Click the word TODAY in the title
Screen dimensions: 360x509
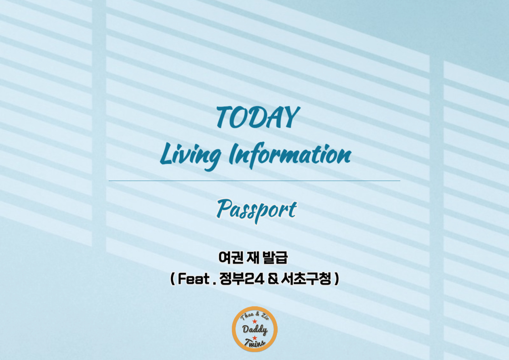(x=257, y=117)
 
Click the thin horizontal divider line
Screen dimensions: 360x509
(x=254, y=181)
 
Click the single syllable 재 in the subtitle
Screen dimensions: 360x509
(x=254, y=257)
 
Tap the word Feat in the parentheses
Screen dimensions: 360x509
(x=192, y=279)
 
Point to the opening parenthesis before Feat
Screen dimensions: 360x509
(x=172, y=279)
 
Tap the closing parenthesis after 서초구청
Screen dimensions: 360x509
(x=337, y=279)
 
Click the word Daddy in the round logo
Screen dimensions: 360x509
(x=254, y=330)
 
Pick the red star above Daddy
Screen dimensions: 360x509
(x=254, y=321)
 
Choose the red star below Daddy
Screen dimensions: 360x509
(x=254, y=338)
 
